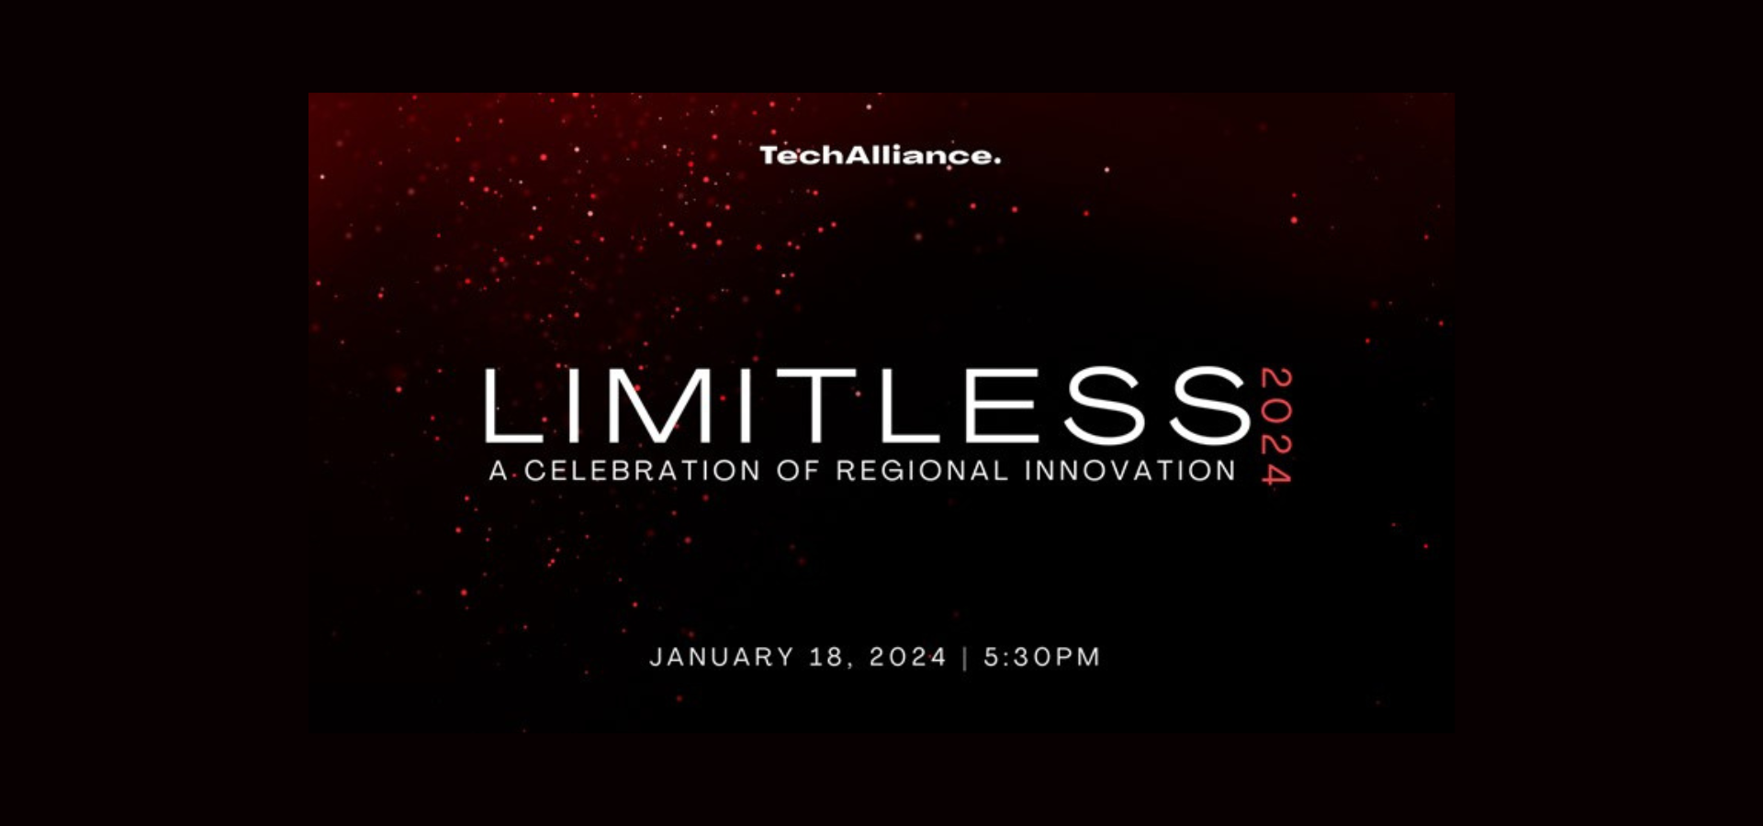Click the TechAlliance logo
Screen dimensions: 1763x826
click(x=880, y=156)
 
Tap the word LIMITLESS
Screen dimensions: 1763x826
click(x=868, y=405)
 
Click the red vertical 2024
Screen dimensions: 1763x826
click(x=1276, y=426)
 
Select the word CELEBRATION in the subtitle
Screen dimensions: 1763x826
click(x=643, y=471)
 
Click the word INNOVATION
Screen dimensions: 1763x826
click(x=1130, y=471)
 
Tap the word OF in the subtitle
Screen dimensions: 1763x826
click(x=797, y=471)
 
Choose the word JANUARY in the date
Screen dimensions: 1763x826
click(x=722, y=657)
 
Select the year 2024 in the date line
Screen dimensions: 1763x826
click(x=908, y=657)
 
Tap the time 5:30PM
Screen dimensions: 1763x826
click(x=1042, y=657)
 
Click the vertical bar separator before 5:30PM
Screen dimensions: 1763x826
click(x=965, y=658)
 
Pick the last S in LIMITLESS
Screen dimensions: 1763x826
click(x=1210, y=405)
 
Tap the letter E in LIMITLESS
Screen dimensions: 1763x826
click(x=1002, y=405)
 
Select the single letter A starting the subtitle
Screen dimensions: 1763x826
click(x=499, y=471)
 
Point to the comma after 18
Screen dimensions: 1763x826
click(x=849, y=667)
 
